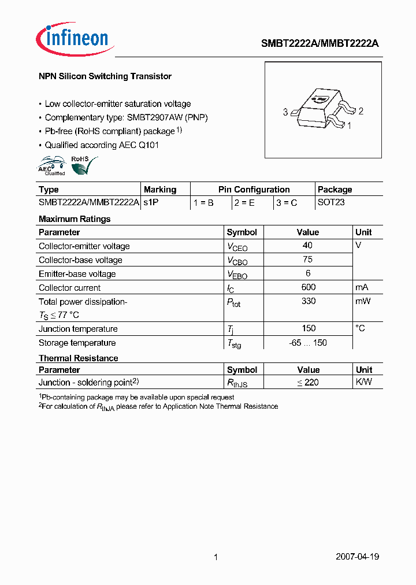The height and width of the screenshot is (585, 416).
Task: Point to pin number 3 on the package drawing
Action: point(285,112)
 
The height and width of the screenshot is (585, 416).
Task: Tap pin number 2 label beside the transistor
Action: point(361,111)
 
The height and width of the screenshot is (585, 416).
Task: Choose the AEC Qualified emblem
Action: point(51,166)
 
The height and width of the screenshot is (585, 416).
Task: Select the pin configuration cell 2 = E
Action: point(245,203)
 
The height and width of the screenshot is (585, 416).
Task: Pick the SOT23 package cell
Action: point(331,203)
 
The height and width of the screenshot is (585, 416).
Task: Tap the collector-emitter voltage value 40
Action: point(307,246)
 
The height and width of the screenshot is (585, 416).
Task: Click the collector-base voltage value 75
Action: point(307,260)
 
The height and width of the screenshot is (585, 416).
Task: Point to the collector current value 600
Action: point(309,287)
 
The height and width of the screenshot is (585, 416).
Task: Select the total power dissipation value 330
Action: point(309,301)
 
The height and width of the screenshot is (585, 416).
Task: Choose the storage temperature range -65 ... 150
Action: point(308,343)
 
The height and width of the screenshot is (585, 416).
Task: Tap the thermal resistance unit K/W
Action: point(364,382)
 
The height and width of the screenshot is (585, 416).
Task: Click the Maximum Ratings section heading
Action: point(75,219)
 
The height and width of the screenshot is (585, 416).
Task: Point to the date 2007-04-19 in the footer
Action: point(357,557)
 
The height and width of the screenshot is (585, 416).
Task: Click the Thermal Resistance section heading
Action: point(78,358)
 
